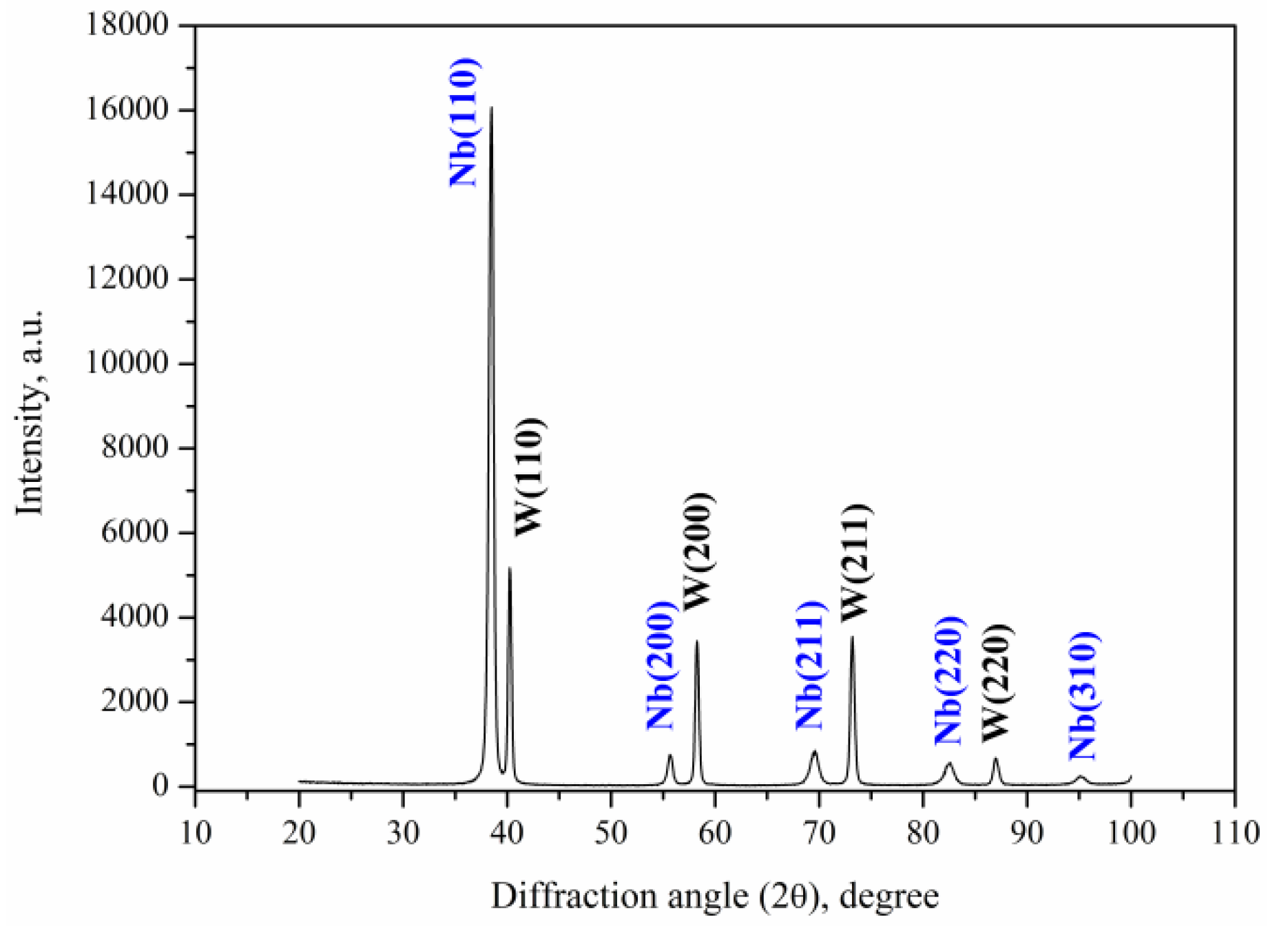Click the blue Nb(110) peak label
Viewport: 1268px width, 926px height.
463,123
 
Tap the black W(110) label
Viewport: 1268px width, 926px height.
530,476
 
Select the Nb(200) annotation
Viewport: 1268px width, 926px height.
659,665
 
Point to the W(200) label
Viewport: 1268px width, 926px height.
697,551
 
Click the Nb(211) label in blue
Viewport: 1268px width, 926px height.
810,665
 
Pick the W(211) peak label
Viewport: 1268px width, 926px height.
855,562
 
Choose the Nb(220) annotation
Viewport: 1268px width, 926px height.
948,680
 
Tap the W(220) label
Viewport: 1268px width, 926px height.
996,682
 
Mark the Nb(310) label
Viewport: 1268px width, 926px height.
1083,695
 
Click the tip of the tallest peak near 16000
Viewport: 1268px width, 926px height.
491,108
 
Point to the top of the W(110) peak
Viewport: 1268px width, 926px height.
510,568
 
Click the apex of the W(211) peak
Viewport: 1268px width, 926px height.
852,638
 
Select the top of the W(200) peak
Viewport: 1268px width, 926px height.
697,642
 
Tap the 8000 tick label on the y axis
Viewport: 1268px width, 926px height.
135,448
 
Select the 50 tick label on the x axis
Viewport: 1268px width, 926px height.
611,833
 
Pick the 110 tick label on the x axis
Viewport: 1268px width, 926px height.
1235,833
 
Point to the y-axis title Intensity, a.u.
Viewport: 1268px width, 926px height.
30,412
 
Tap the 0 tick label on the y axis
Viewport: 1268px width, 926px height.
160,786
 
